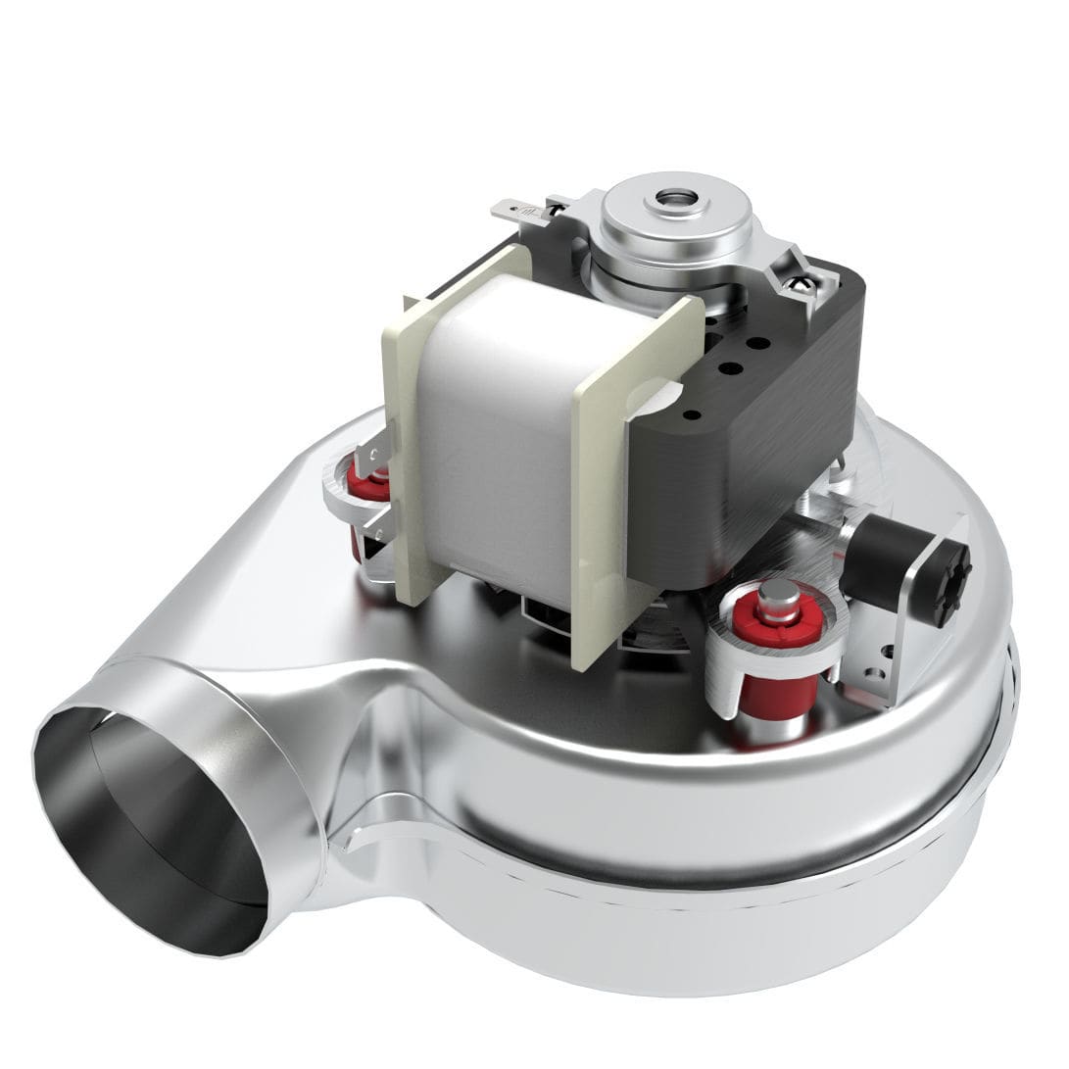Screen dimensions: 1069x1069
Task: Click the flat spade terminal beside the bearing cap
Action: [514, 211]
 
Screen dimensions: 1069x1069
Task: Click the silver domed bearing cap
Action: [676, 220]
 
